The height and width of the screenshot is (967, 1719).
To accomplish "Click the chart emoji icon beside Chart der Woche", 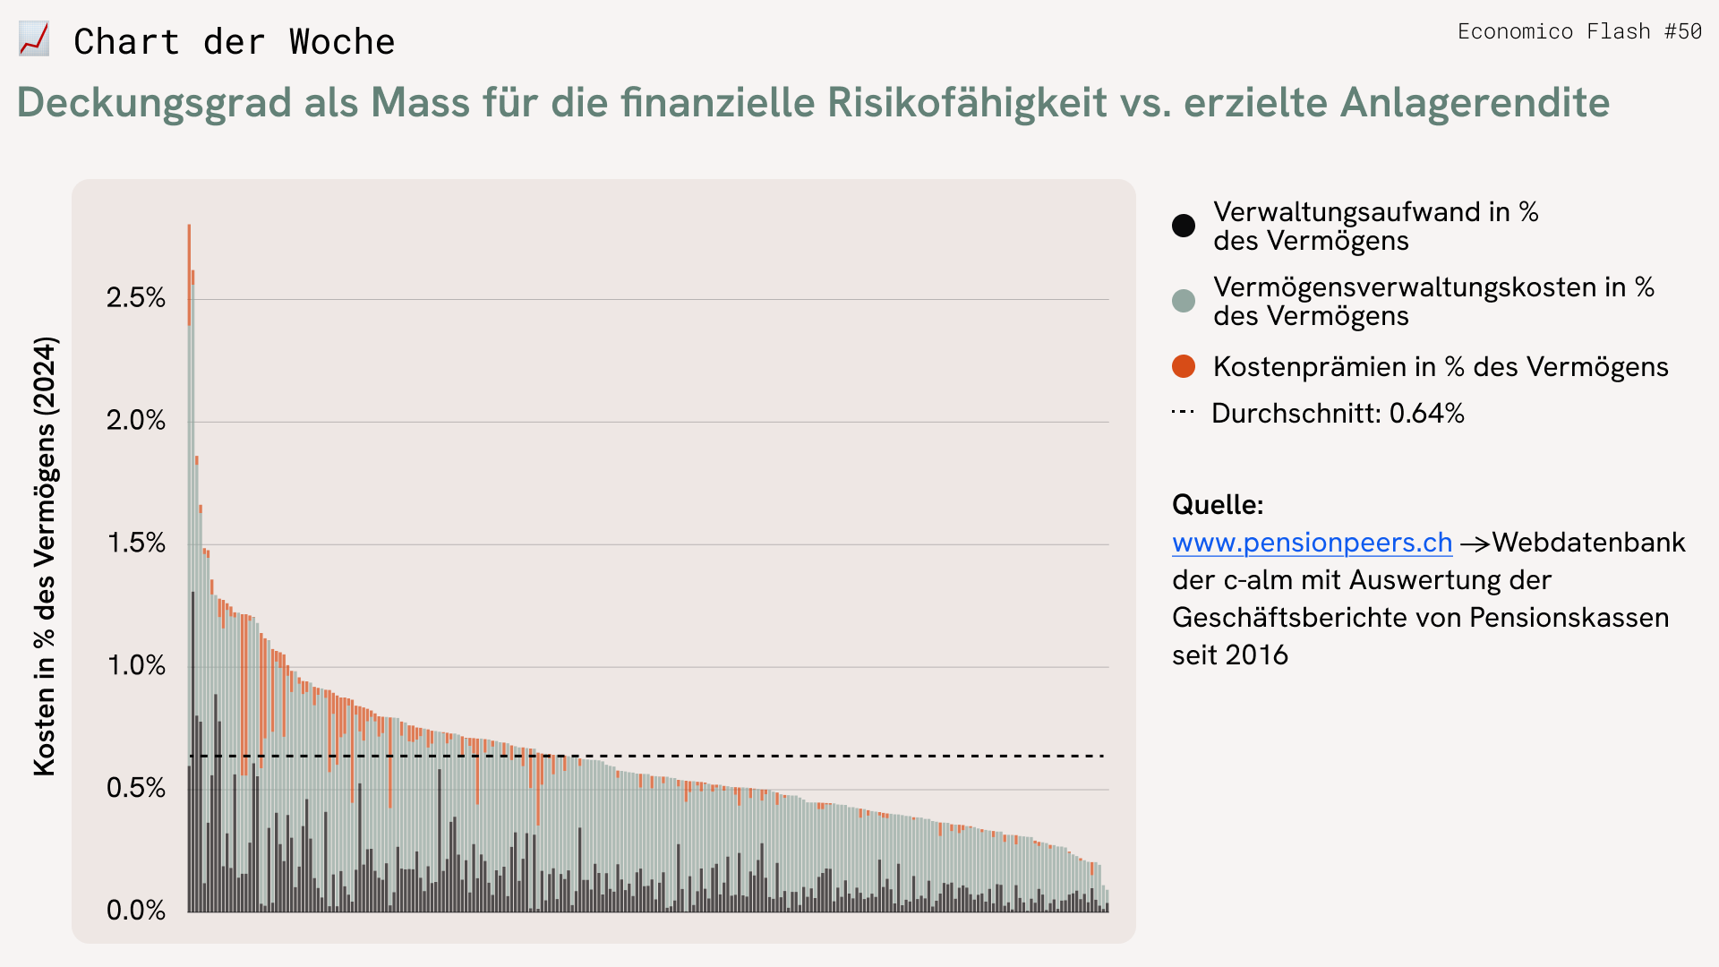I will pos(34,40).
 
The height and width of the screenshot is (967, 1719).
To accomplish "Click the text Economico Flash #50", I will pos(1579,32).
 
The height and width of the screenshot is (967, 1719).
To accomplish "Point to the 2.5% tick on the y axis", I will pos(136,298).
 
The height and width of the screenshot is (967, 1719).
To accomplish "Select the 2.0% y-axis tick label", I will pos(136,421).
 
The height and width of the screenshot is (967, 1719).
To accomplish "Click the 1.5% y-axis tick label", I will pos(136,543).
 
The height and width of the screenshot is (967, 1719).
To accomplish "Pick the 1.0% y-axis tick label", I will pos(136,666).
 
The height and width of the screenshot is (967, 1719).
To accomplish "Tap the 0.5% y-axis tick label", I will pos(136,789).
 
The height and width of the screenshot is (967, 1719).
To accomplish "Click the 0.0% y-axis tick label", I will pos(136,911).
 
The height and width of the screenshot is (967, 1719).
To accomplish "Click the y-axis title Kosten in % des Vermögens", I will pos(45,555).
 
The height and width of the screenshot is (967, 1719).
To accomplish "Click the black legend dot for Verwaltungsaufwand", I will pos(1184,226).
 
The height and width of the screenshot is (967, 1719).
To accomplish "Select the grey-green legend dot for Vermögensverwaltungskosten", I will pos(1184,301).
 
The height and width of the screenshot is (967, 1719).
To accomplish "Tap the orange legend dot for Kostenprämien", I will pos(1184,366).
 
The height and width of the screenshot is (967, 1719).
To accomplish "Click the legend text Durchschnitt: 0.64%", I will pos(1338,414).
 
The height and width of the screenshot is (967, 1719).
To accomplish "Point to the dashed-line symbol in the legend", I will pos(1183,413).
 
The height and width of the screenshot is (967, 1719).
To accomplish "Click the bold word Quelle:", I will pos(1218,505).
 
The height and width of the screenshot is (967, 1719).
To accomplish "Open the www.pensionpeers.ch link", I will pos(1312,543).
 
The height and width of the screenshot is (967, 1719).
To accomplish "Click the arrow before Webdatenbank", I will pos(1475,543).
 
